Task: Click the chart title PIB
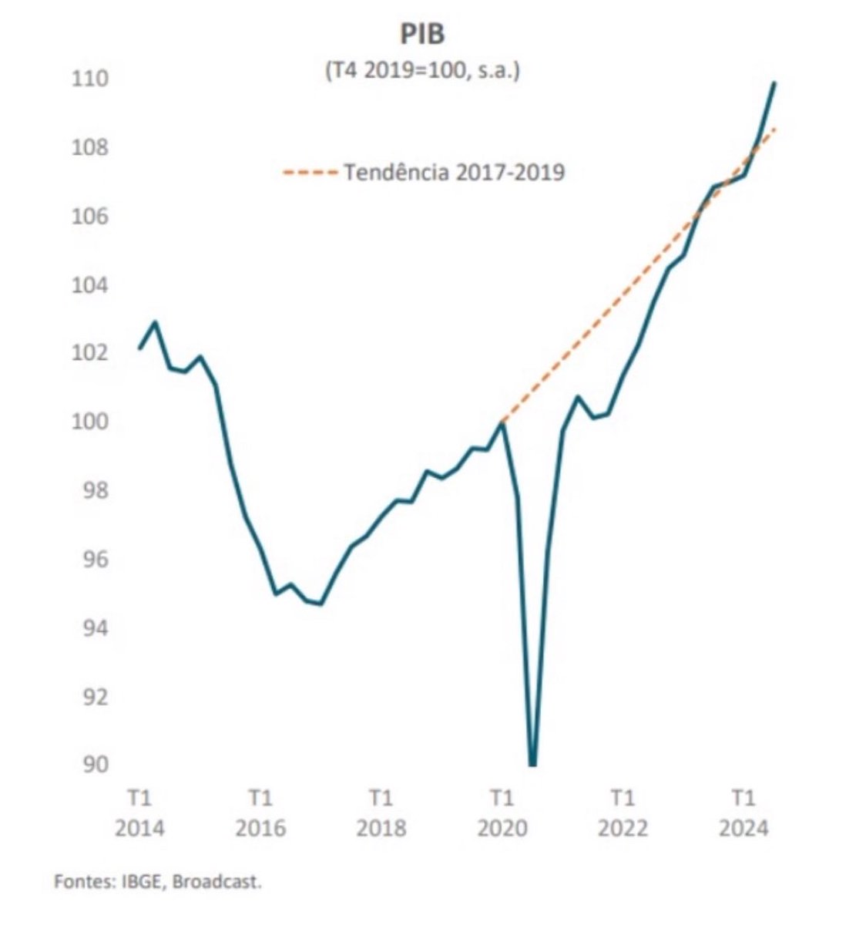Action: (422, 35)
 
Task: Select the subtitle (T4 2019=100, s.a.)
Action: (422, 70)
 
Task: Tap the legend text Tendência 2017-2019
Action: (454, 171)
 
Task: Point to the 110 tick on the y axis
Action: (89, 79)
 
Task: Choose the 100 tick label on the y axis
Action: (89, 422)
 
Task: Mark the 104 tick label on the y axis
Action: (89, 284)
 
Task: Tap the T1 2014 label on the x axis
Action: (139, 812)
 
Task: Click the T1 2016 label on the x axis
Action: (260, 812)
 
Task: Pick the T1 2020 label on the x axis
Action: (502, 812)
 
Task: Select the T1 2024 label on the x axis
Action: (743, 812)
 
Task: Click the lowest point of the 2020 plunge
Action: (532, 764)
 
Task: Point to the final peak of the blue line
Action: (774, 82)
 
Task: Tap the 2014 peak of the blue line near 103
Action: (156, 322)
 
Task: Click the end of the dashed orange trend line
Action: (775, 128)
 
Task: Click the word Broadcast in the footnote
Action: (216, 881)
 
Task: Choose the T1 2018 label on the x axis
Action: (381, 812)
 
